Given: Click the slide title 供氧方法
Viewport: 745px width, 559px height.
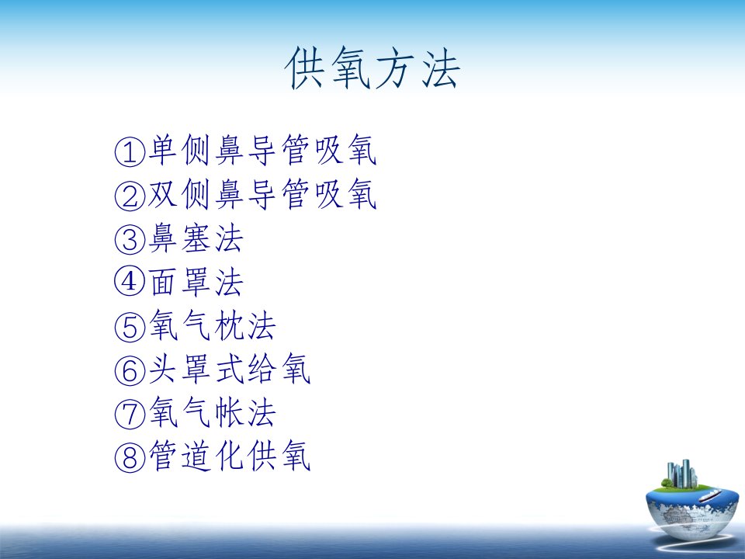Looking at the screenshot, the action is [372, 68].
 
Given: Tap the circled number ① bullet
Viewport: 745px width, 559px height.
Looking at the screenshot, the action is [130, 151].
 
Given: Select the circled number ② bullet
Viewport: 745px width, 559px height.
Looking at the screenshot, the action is [130, 196].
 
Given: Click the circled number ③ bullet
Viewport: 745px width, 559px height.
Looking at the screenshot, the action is [130, 239].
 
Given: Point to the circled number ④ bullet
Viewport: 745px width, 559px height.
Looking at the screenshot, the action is [130, 281].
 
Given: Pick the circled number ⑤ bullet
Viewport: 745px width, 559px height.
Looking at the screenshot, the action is [130, 327].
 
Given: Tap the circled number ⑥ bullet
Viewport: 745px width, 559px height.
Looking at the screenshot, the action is [130, 370].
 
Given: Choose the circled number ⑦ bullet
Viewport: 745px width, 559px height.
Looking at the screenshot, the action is [130, 414].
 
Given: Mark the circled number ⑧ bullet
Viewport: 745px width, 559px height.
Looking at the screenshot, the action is [130, 457].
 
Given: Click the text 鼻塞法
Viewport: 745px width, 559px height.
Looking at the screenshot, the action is [196, 238].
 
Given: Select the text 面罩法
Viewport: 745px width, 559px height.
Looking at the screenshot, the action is [196, 282].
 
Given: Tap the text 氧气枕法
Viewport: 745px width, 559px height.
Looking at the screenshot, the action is [213, 325].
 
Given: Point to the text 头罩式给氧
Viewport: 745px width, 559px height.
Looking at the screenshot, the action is [230, 369].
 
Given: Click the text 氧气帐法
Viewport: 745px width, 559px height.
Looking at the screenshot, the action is [213, 412].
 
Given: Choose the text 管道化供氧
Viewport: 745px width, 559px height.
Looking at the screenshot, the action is [230, 456].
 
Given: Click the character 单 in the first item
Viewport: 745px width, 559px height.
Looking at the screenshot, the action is [162, 150].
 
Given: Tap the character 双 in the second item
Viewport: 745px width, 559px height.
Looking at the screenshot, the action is [162, 194].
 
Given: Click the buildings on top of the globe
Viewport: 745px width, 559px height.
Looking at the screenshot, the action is [681, 474].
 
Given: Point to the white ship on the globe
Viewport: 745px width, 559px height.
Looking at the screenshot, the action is [709, 496].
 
